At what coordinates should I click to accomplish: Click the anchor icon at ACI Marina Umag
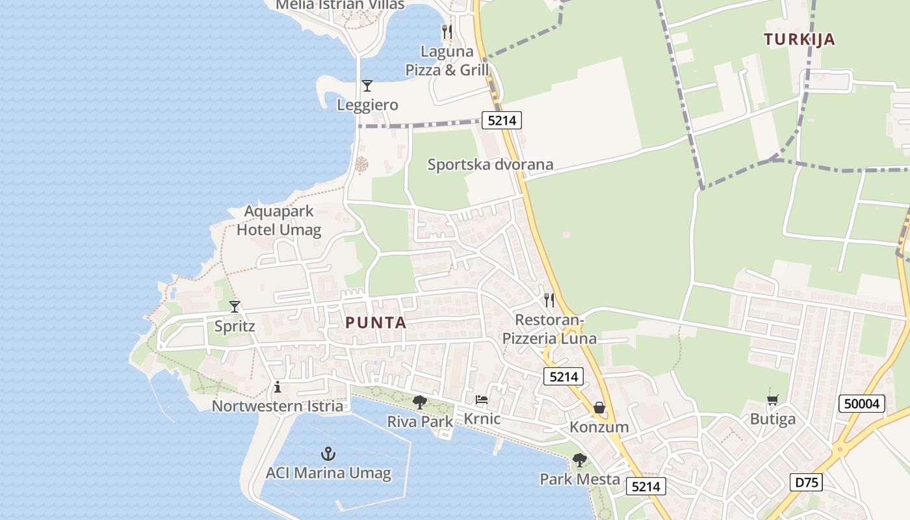click(328, 453)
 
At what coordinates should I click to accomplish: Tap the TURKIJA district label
click(799, 39)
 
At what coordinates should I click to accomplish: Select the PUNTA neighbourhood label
click(376, 322)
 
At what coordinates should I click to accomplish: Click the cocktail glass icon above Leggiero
click(367, 85)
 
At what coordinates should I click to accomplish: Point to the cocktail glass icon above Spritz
click(235, 306)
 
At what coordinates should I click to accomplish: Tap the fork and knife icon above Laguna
click(447, 31)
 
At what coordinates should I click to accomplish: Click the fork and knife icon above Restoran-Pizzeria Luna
click(549, 300)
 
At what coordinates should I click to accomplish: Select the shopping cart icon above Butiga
click(772, 400)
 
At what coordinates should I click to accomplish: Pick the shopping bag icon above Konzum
click(599, 408)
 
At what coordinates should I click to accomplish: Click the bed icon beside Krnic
click(481, 399)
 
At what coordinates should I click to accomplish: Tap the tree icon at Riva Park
click(420, 402)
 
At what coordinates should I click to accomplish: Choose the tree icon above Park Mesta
click(580, 460)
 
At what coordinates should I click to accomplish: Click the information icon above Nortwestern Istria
click(278, 387)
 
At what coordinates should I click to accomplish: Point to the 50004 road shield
click(862, 404)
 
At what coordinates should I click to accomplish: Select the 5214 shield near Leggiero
click(501, 120)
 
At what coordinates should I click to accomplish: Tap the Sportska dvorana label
click(490, 164)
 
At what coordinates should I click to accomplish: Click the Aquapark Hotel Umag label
click(279, 220)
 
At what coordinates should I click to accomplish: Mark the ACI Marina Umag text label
click(328, 473)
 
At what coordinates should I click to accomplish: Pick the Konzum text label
click(599, 427)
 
